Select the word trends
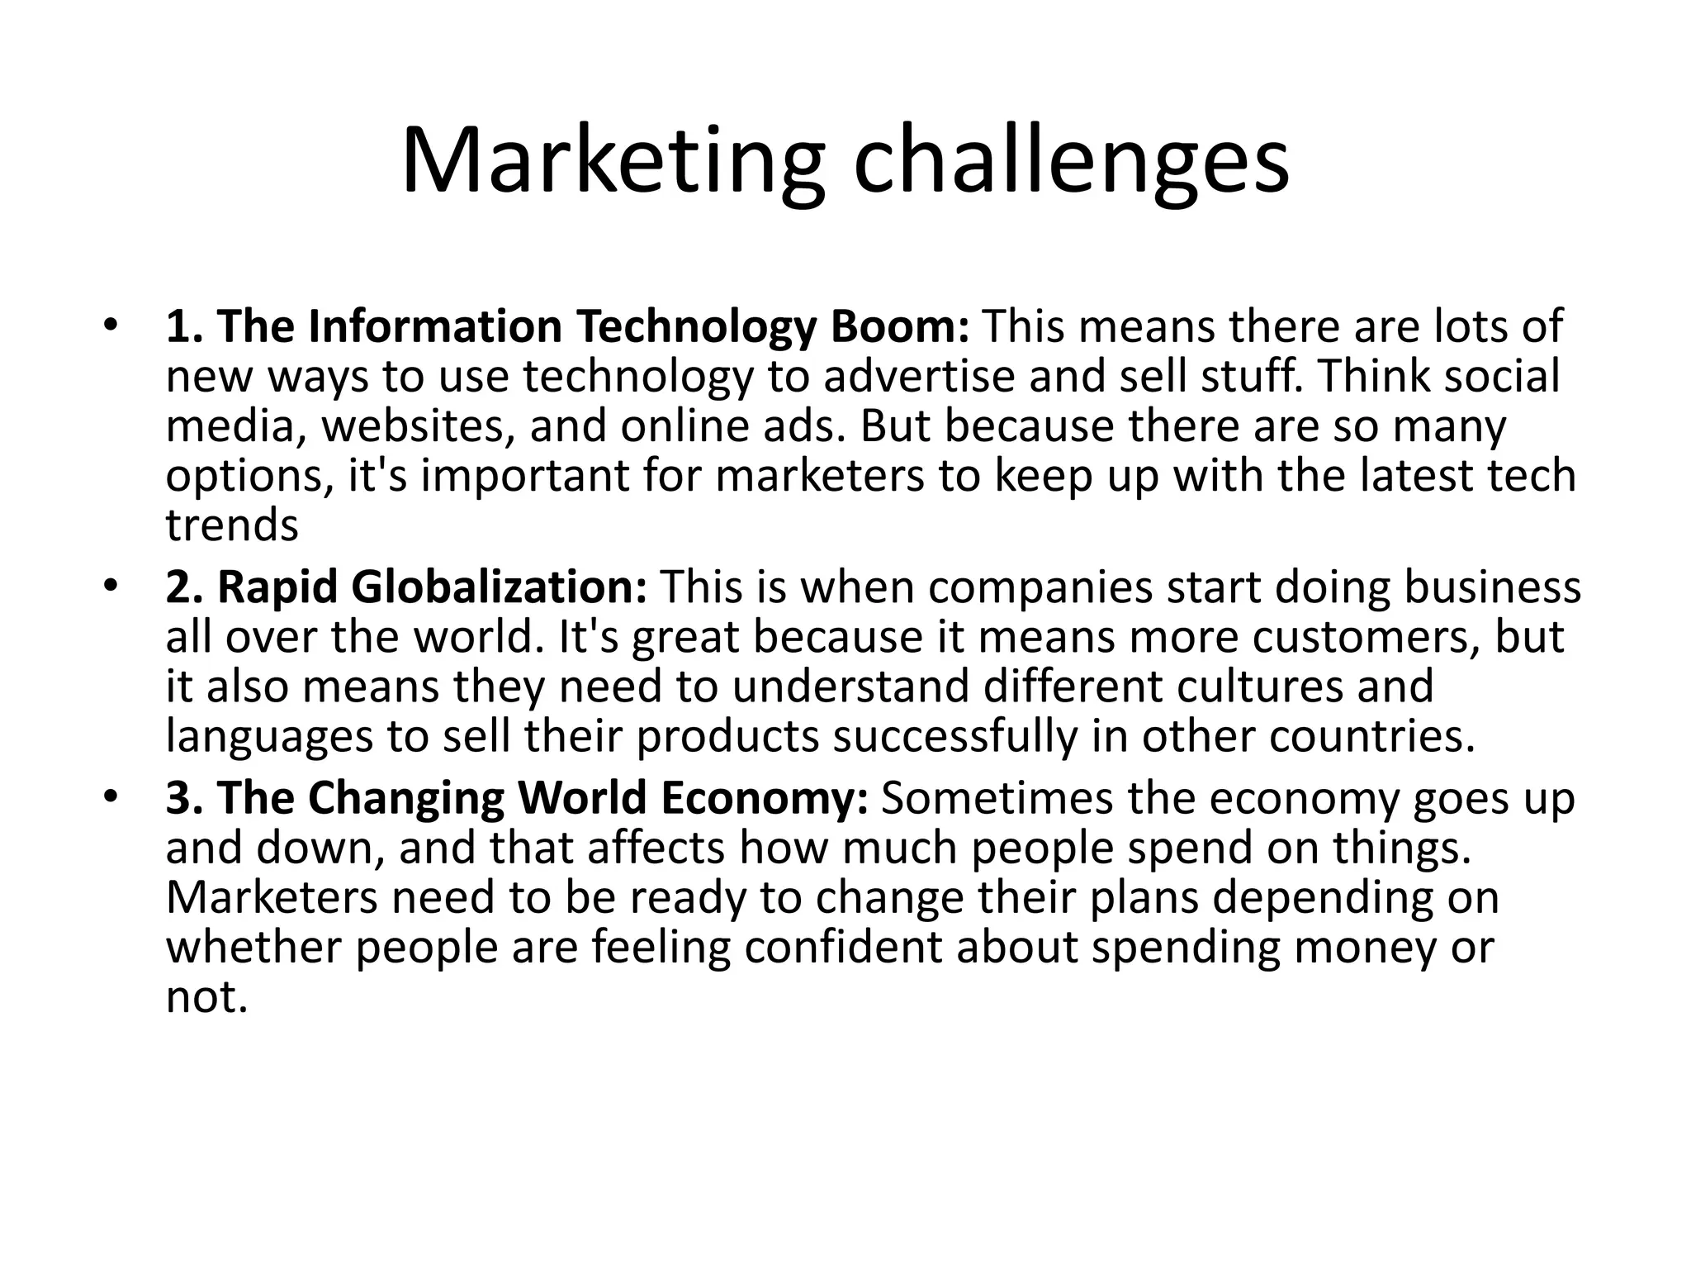tap(232, 526)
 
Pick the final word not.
tap(206, 997)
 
